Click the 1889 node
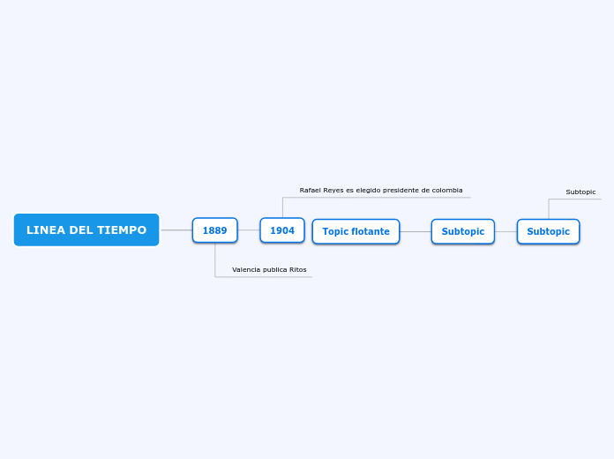[x=214, y=230]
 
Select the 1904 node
[x=282, y=230]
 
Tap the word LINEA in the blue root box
[x=46, y=230]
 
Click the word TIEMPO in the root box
[x=122, y=230]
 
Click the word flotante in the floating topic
[x=371, y=231]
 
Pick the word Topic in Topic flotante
[x=335, y=231]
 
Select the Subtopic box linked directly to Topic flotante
[x=462, y=231]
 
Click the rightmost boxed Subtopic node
[x=548, y=231]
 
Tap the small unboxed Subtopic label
[x=580, y=192]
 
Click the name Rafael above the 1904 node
[x=311, y=190]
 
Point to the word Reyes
[x=334, y=190]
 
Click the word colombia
[x=446, y=190]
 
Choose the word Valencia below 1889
[x=246, y=269]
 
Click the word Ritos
[x=298, y=269]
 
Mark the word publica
[x=275, y=269]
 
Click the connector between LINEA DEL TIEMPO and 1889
[x=176, y=230]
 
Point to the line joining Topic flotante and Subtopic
[x=416, y=231]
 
